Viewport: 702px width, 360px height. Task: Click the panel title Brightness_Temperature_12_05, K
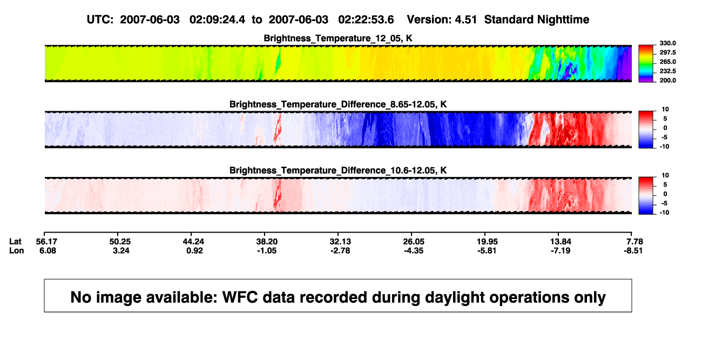coord(338,38)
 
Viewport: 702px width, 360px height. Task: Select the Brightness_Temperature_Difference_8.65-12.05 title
coord(338,104)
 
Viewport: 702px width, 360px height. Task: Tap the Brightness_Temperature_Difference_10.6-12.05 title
coord(338,171)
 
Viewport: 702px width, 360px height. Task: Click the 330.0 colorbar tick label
coord(667,43)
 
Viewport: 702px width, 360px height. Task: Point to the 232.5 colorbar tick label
coord(667,71)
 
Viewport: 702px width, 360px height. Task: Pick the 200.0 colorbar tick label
coord(667,80)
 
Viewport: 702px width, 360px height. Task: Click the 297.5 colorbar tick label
coord(667,53)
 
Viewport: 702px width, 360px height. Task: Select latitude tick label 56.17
coord(46,242)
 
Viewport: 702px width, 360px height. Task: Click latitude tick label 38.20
coord(267,242)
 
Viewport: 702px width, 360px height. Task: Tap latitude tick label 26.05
coord(414,242)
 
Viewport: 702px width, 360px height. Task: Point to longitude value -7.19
coord(561,250)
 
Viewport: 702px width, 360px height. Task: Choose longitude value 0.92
coord(194,250)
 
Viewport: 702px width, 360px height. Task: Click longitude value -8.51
coord(633,250)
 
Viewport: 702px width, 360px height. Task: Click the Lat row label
coord(15,242)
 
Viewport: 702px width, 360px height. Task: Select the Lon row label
coord(17,250)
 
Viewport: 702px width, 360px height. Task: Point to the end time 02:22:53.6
coord(366,20)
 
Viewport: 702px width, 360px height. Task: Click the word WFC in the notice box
coord(240,297)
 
